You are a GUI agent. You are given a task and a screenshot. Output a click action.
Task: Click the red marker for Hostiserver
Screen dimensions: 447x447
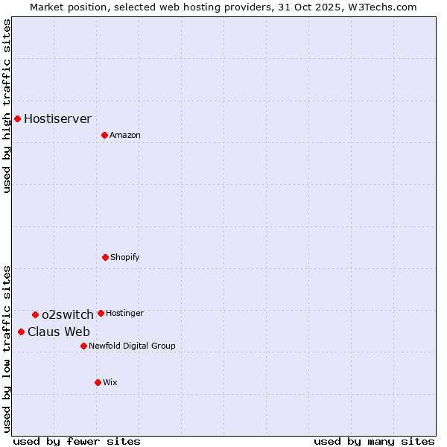coord(17,118)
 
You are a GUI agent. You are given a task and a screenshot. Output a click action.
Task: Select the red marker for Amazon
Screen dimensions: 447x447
coord(104,135)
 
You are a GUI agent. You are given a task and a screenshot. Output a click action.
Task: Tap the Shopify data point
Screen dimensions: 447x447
coord(105,257)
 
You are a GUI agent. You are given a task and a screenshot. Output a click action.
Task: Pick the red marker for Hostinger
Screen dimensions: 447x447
coord(101,313)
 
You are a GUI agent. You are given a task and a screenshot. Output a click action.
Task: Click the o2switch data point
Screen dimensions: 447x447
coord(35,314)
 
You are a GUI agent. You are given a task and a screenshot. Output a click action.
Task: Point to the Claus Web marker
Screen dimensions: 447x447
coord(21,332)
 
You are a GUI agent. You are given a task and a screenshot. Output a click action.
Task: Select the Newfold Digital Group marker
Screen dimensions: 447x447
coord(83,346)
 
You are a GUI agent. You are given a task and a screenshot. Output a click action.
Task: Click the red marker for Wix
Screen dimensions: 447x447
coord(98,382)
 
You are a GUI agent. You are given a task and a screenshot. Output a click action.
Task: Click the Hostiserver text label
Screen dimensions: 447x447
coord(57,118)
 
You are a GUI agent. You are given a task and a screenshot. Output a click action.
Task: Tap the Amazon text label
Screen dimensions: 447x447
coord(125,135)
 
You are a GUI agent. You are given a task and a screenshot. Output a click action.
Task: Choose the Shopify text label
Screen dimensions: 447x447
coord(125,257)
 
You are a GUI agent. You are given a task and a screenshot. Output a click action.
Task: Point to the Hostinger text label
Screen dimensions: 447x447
coord(124,313)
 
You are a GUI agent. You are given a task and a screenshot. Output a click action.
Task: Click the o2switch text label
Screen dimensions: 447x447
coord(68,314)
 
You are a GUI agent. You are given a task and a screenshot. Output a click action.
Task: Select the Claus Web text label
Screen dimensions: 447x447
coord(59,332)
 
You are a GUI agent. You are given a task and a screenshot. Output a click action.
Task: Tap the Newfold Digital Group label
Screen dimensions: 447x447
coord(132,346)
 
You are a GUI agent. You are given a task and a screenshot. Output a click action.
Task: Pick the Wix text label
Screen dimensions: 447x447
coord(110,382)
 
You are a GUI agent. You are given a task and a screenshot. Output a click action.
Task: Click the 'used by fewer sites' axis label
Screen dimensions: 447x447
coord(77,441)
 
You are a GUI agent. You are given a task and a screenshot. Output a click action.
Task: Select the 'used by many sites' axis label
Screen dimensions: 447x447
coord(374,441)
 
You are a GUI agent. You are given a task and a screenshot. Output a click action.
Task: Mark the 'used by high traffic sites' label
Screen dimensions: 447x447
coord(7,106)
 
